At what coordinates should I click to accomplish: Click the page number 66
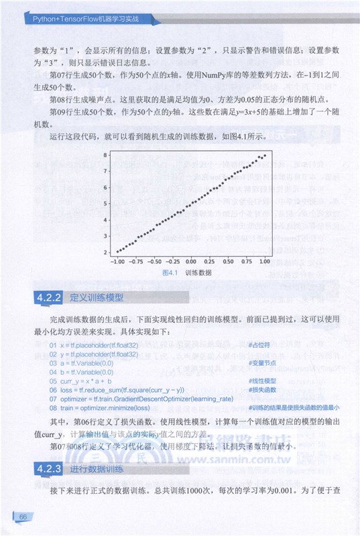(22, 517)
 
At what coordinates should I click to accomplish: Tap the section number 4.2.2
(48, 297)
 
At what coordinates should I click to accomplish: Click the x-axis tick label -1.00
(117, 261)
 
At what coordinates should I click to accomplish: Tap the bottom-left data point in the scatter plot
(117, 251)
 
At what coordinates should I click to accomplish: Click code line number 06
(53, 389)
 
